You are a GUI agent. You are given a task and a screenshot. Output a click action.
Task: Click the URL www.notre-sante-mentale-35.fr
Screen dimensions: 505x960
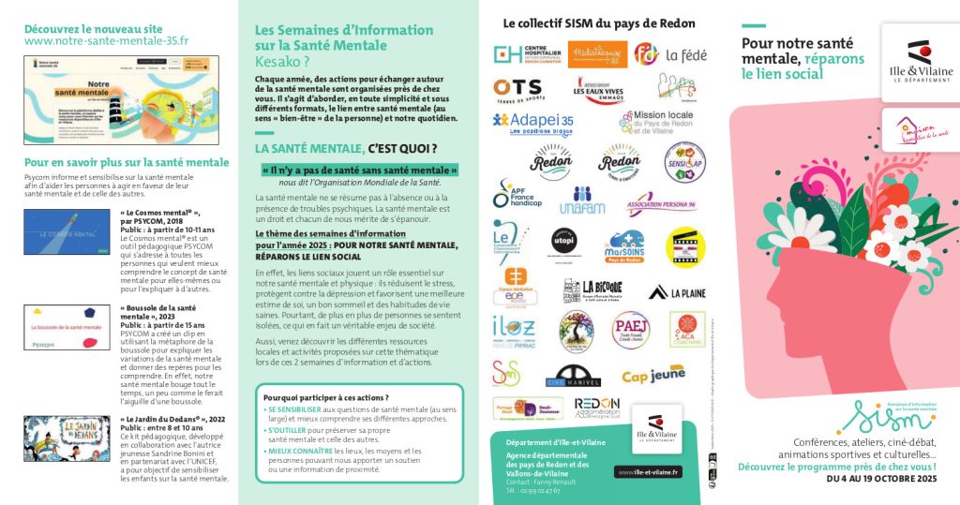pyautogui.click(x=106, y=41)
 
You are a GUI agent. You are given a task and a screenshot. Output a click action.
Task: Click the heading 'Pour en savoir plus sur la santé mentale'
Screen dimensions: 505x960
pyautogui.click(x=127, y=162)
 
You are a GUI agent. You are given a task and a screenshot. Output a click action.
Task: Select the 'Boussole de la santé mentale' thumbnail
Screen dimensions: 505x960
pyautogui.click(x=67, y=327)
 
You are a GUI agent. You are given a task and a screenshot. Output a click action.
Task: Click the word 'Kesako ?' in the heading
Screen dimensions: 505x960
pyautogui.click(x=282, y=61)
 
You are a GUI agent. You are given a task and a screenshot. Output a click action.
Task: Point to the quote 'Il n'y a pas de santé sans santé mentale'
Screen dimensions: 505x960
pyautogui.click(x=358, y=171)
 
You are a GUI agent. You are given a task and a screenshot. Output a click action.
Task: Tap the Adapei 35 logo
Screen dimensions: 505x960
pyautogui.click(x=532, y=122)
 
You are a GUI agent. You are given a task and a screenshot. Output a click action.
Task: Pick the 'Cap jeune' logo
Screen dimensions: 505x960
pyautogui.click(x=653, y=376)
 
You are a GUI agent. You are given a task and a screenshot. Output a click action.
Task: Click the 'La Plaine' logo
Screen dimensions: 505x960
pyautogui.click(x=676, y=292)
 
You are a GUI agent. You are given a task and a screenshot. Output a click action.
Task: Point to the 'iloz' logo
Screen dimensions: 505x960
pyautogui.click(x=514, y=328)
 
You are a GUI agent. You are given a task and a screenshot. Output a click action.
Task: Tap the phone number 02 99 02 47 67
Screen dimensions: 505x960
pyautogui.click(x=532, y=490)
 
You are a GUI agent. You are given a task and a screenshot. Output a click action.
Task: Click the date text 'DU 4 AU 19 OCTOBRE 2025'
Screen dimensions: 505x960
pyautogui.click(x=881, y=479)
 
